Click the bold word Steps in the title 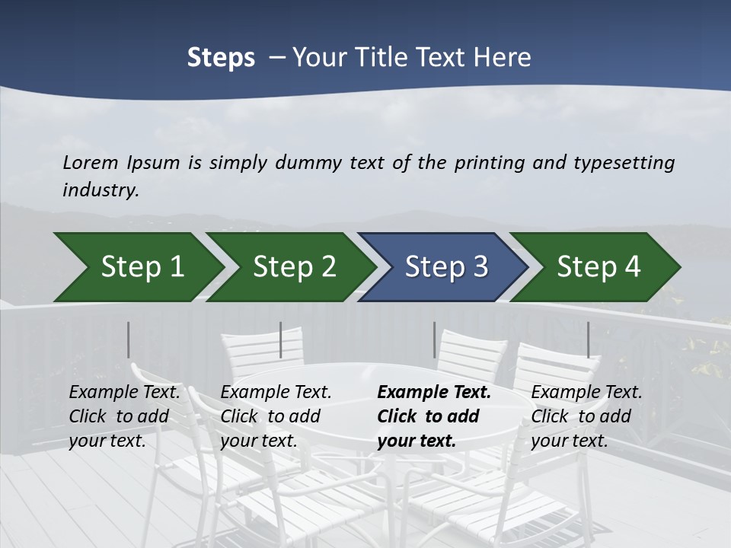coord(221,58)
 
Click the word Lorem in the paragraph coord(90,162)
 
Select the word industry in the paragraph coord(100,190)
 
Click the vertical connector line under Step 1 coord(129,339)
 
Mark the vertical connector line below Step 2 coord(281,339)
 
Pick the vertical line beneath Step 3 coord(434,339)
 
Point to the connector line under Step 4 coord(588,339)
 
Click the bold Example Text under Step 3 coord(434,393)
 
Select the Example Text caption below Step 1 coord(124,393)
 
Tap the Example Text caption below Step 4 coord(586,393)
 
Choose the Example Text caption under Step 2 coord(276,393)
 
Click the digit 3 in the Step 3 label coord(479,267)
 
